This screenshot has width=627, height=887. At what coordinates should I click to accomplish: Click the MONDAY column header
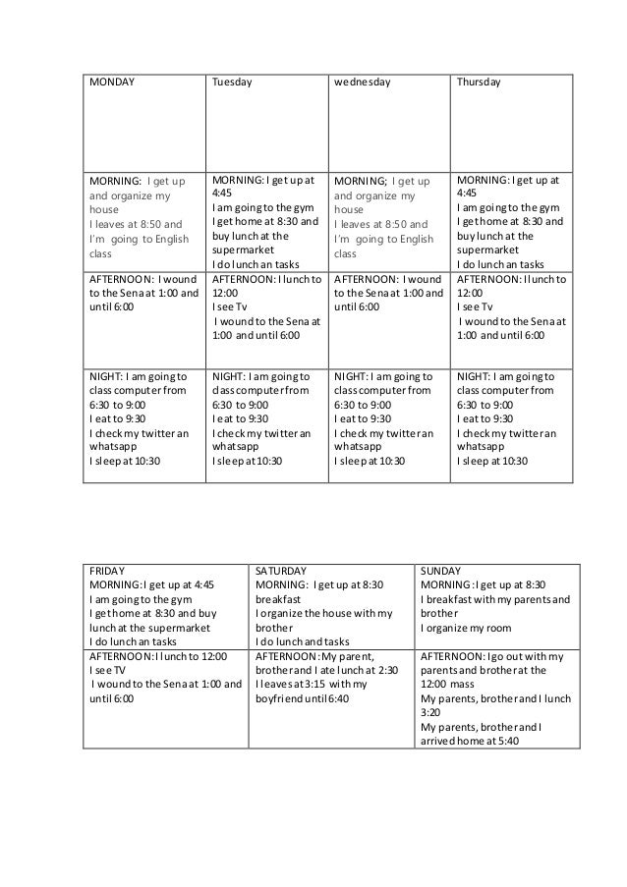[x=112, y=82]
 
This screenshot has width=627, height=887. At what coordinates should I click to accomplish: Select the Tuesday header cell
[x=232, y=82]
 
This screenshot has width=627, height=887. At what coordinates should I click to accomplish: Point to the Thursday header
[x=479, y=82]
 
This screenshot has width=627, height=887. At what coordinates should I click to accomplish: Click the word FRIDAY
[x=107, y=570]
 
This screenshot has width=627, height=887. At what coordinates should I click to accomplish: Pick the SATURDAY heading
[x=281, y=570]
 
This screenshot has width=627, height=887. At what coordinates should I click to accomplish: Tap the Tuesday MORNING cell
[x=265, y=222]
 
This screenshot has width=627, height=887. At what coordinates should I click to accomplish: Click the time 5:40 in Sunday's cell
[x=508, y=742]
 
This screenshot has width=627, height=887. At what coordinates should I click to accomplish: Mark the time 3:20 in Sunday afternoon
[x=430, y=713]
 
